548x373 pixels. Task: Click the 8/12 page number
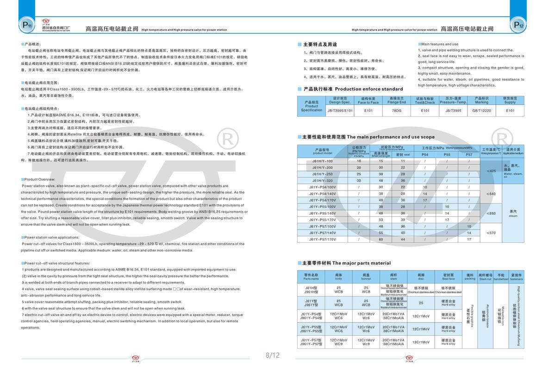[x=273, y=355]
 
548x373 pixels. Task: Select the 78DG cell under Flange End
[x=397, y=111]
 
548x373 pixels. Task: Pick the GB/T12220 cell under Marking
[x=481, y=111]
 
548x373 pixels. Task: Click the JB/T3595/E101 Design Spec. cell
[x=340, y=111]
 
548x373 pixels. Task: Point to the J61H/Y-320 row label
[x=322, y=180]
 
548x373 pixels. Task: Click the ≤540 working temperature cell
[x=491, y=193]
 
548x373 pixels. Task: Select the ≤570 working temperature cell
[x=491, y=233]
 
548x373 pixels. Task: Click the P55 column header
[x=447, y=154]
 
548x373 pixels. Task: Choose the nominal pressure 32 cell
[x=359, y=180]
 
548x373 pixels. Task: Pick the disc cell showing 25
[x=421, y=303]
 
